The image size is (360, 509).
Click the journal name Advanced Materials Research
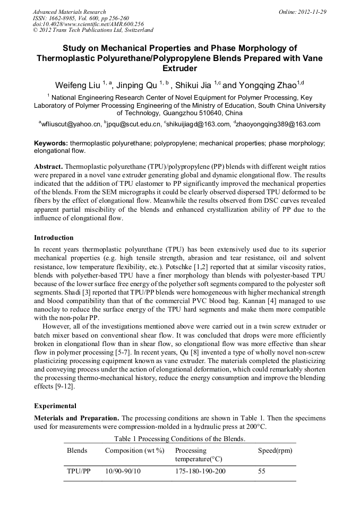tap(69, 12)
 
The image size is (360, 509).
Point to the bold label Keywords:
tap(51, 143)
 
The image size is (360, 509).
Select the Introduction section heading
tap(54, 237)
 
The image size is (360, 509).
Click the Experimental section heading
tap(55, 406)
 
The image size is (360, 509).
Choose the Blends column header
tap(77, 451)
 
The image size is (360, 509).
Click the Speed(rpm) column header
tap(275, 451)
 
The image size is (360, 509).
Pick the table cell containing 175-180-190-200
tap(200, 471)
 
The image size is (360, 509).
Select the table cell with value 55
tap(261, 471)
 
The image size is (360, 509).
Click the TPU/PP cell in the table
tap(78, 471)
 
